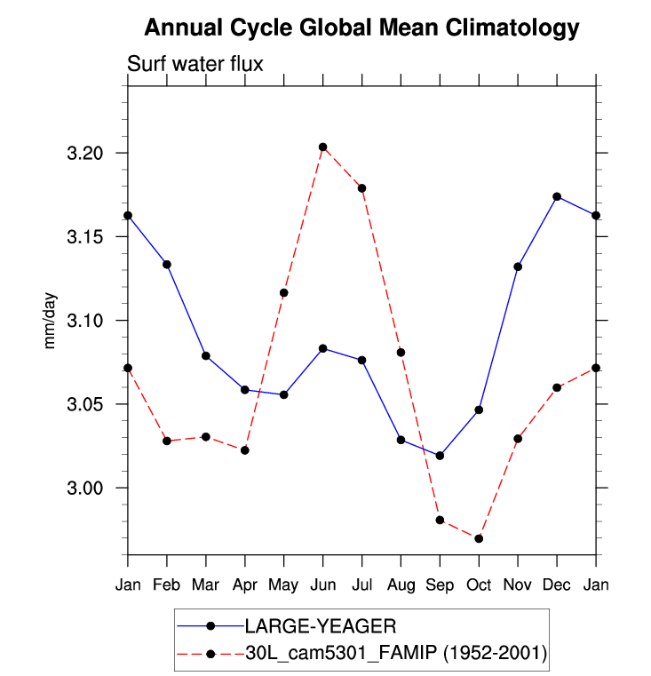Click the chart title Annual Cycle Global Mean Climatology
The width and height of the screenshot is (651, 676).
(x=361, y=28)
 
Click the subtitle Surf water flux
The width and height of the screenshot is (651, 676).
(x=195, y=64)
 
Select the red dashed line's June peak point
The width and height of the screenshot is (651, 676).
(x=323, y=147)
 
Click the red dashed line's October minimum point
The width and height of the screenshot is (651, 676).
(x=479, y=538)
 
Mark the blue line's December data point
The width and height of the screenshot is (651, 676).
(x=557, y=196)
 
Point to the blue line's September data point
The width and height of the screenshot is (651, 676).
(x=440, y=456)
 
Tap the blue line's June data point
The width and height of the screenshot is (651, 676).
(x=323, y=348)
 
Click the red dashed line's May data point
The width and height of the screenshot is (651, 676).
(x=284, y=292)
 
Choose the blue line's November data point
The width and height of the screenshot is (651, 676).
(x=518, y=266)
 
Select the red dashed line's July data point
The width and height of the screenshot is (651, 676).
(x=362, y=188)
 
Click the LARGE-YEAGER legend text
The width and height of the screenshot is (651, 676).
(x=301, y=627)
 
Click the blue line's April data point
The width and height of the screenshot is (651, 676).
(x=245, y=390)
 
